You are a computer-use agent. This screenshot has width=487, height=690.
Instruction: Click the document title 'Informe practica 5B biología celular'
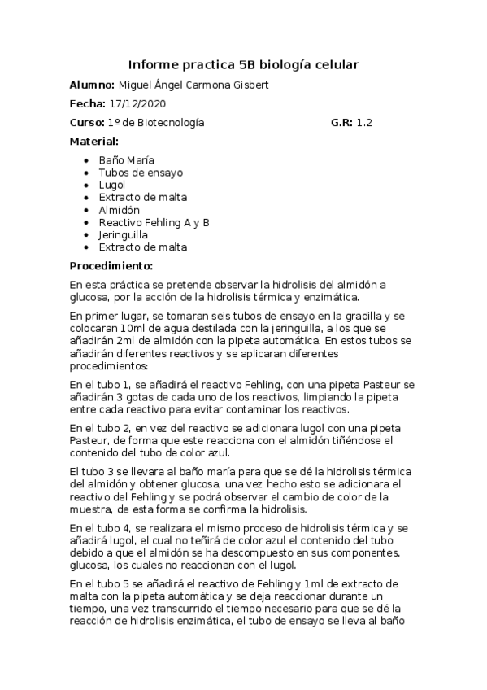(x=244, y=64)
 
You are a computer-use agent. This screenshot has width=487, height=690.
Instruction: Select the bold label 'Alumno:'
(x=92, y=85)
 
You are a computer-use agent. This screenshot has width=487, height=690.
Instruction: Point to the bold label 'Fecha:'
(x=87, y=104)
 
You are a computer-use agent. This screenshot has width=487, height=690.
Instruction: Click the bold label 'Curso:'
(x=87, y=123)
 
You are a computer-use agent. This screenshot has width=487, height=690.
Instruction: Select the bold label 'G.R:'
(x=341, y=123)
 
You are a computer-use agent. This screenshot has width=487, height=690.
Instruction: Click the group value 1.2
(x=364, y=123)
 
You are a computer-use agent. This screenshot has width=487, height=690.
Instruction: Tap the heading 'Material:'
(x=93, y=142)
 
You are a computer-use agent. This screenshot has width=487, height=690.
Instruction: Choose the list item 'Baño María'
(x=126, y=160)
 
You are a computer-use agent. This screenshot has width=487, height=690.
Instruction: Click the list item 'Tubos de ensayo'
(x=141, y=172)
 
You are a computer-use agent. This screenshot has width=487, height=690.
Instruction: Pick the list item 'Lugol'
(x=112, y=185)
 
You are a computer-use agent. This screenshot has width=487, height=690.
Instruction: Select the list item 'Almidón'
(x=119, y=209)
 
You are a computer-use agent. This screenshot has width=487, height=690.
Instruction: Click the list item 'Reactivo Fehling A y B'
(x=154, y=222)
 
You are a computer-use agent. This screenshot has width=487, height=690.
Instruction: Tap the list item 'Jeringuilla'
(x=123, y=234)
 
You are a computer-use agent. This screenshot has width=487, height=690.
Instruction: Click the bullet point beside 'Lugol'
(x=87, y=186)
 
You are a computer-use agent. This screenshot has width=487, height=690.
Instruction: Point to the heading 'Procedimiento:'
(x=111, y=266)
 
